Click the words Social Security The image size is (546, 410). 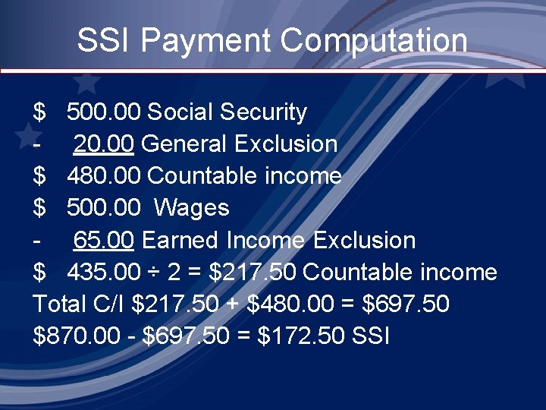pyautogui.click(x=227, y=112)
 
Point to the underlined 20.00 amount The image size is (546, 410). pyautogui.click(x=104, y=144)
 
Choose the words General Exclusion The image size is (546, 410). pyautogui.click(x=239, y=144)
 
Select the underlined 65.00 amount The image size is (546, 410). pyautogui.click(x=104, y=241)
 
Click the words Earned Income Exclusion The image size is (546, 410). pyautogui.click(x=278, y=241)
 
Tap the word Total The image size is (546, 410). pyautogui.click(x=60, y=304)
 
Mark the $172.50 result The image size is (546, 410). pyautogui.click(x=303, y=336)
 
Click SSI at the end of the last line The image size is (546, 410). pyautogui.click(x=372, y=336)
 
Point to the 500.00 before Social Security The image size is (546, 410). pyautogui.click(x=104, y=112)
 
